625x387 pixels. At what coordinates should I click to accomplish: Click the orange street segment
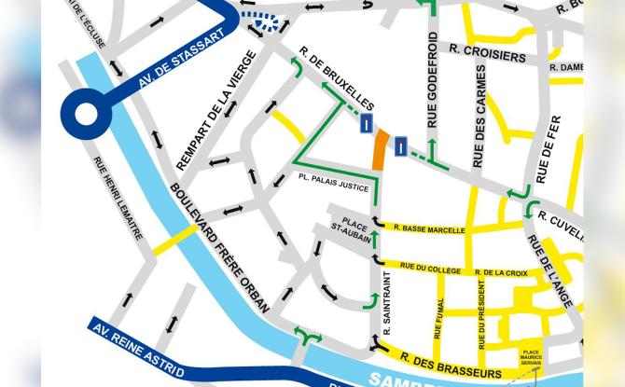(x=380, y=149)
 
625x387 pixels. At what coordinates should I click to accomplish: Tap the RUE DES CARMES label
(x=480, y=116)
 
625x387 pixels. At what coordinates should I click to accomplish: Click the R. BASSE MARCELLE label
(x=429, y=228)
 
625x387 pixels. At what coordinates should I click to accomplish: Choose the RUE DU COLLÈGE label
(x=430, y=269)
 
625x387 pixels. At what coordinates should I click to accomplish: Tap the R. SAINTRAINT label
(x=384, y=307)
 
